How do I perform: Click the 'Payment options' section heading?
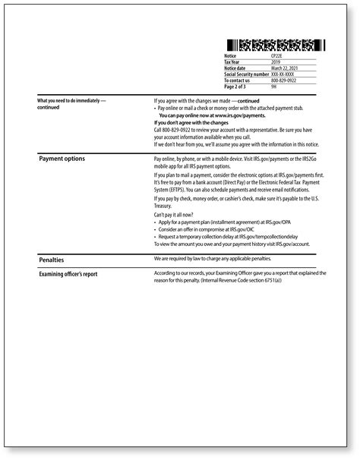coord(62,159)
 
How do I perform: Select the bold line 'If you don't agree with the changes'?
coord(191,122)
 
